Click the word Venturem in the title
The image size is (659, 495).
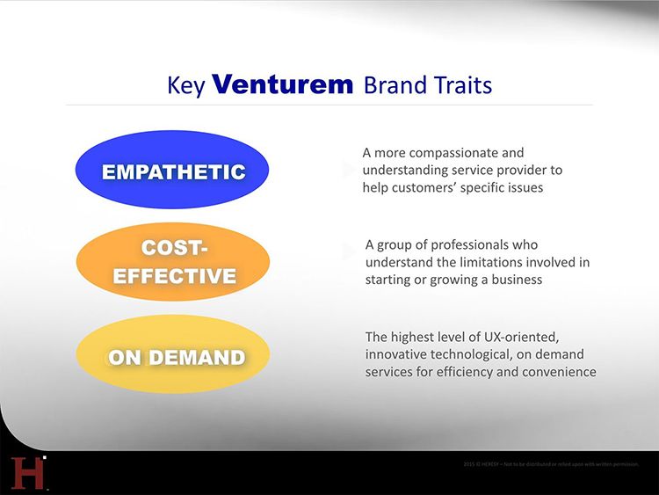pyautogui.click(x=283, y=84)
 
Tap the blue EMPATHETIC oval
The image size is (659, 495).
pyautogui.click(x=172, y=171)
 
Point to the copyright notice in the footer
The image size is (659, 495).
pyautogui.click(x=550, y=463)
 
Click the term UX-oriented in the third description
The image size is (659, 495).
pyautogui.click(x=511, y=337)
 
